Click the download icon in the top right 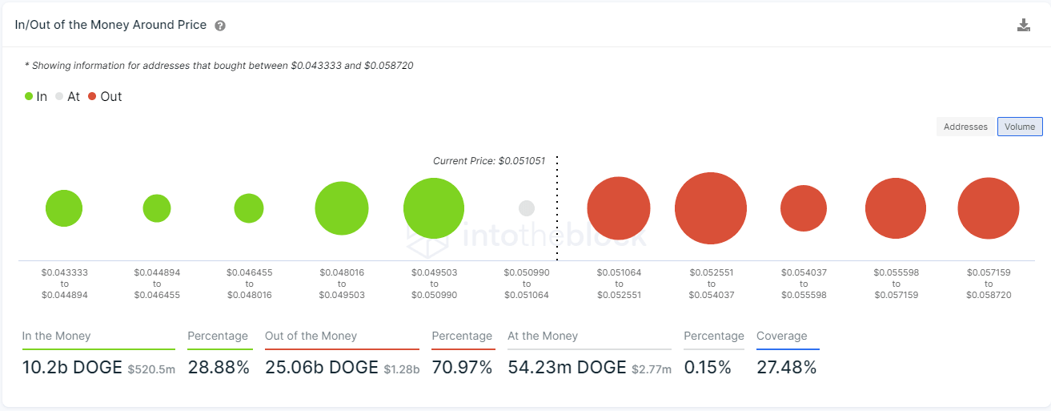pos(1023,25)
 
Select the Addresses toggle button pos(966,127)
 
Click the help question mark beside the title pos(220,26)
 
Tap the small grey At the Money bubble pos(526,208)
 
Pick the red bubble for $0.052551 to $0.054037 pos(711,208)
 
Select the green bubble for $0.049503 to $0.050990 pos(434,208)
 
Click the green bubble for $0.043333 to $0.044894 pos(64,208)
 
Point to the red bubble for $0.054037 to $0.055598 pos(804,208)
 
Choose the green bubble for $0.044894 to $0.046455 pos(157,208)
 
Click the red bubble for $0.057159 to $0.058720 pos(989,208)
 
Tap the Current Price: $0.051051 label pos(489,161)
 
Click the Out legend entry pos(105,97)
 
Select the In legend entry pos(36,97)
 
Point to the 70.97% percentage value pos(462,368)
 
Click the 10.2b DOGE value pos(71,368)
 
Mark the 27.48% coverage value pos(787,368)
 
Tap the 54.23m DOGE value pos(567,368)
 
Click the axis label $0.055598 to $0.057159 pos(896,284)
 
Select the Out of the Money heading pos(311,336)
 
